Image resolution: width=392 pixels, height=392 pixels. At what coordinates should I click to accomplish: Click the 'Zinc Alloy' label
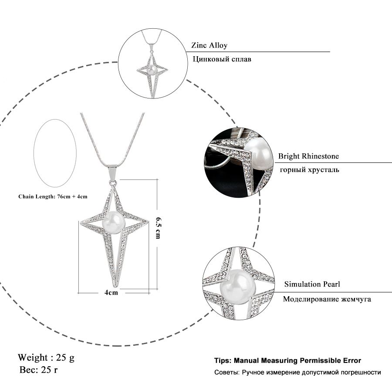210,45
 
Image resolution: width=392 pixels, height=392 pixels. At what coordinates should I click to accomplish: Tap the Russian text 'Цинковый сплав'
221,59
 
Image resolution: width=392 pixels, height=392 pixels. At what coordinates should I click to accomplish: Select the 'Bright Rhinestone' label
308,156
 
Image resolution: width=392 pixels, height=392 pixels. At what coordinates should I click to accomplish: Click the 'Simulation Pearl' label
312,284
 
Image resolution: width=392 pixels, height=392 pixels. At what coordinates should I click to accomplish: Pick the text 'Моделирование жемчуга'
327,299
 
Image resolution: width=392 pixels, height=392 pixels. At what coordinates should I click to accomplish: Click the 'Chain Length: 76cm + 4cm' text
53,196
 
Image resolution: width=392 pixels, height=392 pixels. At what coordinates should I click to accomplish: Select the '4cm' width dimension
112,293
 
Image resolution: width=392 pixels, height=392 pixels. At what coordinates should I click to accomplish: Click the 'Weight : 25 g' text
46,358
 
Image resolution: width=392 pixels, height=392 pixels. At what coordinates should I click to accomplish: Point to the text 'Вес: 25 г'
39,370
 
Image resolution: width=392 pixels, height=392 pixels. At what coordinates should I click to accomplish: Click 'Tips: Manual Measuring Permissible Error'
287,361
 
